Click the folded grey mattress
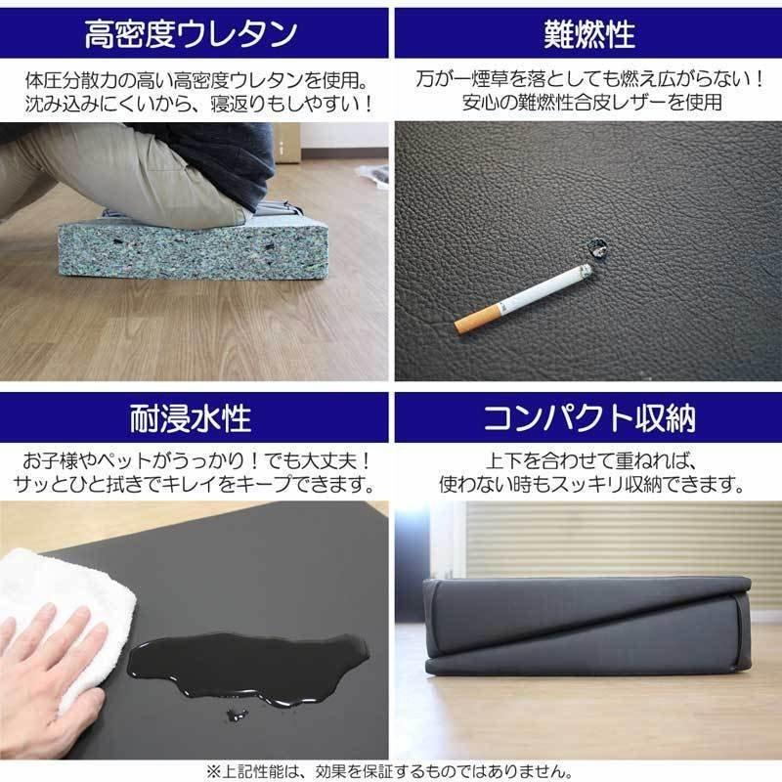tap(586, 626)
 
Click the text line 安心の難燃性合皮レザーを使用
tap(588, 103)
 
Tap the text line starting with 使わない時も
tap(588, 485)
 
